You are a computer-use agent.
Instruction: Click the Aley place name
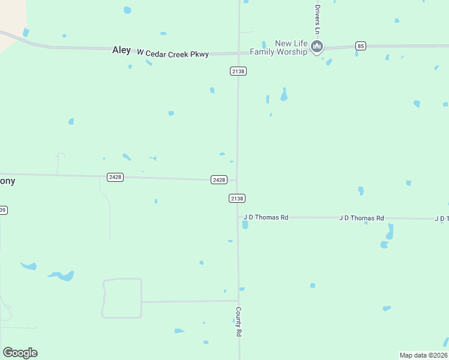[x=121, y=50]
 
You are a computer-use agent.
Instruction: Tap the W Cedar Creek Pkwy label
[x=173, y=54]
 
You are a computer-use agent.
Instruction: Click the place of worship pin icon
[x=318, y=46]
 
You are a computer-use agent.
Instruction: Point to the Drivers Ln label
[x=318, y=19]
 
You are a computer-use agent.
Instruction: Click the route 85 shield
[x=360, y=46]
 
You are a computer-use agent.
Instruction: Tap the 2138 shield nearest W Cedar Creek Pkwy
[x=238, y=71]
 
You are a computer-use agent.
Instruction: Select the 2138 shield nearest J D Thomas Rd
[x=237, y=198]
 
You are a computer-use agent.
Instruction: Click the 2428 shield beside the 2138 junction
[x=219, y=179]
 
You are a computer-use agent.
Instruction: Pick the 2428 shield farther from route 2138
[x=115, y=177]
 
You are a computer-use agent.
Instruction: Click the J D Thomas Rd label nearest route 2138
[x=266, y=217]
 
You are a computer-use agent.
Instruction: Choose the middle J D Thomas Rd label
[x=361, y=218]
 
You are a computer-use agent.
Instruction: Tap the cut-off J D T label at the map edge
[x=441, y=219]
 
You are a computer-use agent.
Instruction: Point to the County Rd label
[x=238, y=322]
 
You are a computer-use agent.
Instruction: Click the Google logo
[x=20, y=352]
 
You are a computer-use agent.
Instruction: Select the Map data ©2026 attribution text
[x=424, y=355]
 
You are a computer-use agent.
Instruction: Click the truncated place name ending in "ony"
[x=7, y=181]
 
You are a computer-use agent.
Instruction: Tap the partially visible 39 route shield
[x=3, y=210]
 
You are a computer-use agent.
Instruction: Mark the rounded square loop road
[x=122, y=298]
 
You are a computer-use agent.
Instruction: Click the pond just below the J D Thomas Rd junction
[x=245, y=225]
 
